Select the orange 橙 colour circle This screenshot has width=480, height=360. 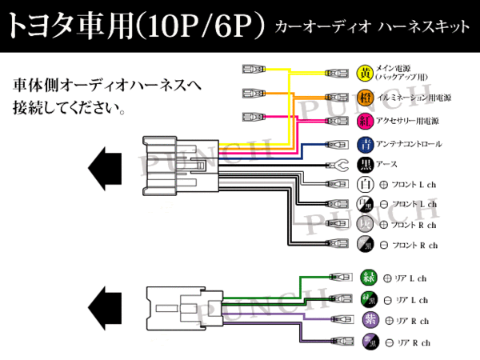(x=365, y=98)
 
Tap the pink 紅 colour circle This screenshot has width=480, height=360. (x=365, y=122)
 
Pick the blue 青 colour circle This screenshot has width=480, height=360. (x=365, y=145)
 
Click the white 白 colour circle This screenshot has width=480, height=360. (x=365, y=186)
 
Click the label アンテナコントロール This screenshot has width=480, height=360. (x=409, y=145)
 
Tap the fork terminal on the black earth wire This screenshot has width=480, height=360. (x=337, y=166)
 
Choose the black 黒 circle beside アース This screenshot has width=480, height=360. (x=365, y=166)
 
